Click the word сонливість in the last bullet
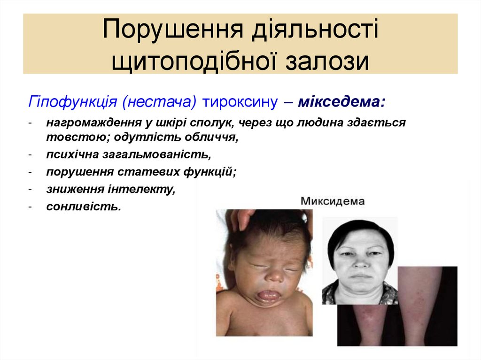83,206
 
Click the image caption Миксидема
333,202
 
